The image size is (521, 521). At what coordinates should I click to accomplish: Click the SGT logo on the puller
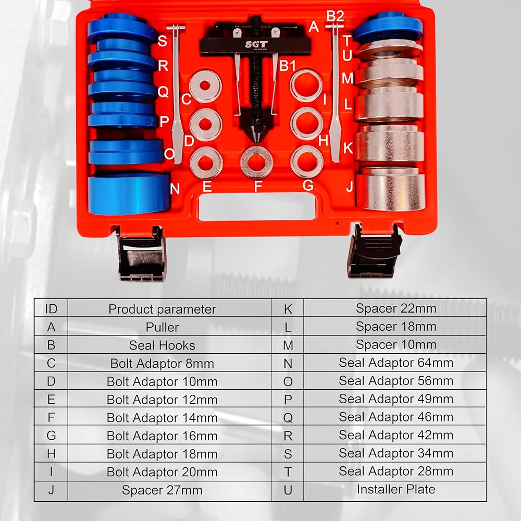256,44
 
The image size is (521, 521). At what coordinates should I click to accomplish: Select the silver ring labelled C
205,85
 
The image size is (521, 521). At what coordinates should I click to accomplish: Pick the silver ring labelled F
256,162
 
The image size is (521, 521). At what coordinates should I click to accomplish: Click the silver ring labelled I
306,85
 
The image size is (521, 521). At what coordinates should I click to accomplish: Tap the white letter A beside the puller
314,27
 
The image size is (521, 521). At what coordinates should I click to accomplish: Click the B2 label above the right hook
335,16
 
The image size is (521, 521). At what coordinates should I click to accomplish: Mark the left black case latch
141,254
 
